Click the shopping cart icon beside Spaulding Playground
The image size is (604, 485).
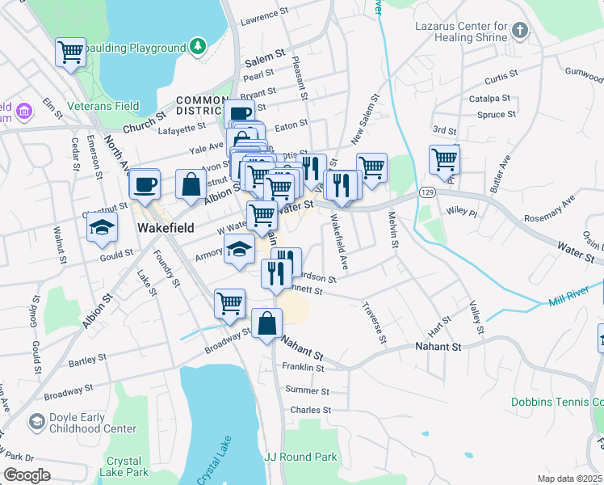tap(70, 53)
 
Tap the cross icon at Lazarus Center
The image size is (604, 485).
tap(520, 32)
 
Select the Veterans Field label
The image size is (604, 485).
tap(103, 106)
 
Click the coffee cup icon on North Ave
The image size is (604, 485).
tap(145, 183)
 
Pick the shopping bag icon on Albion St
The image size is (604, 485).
tap(191, 184)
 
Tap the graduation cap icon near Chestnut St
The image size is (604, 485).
tap(103, 228)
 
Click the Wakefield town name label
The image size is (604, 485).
tap(165, 228)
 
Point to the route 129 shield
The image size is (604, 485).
tap(427, 192)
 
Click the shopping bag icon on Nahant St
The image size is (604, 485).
tap(266, 323)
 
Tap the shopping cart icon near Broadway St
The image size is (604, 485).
tap(229, 304)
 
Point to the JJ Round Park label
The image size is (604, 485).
tap(300, 457)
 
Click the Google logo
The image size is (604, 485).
tap(27, 474)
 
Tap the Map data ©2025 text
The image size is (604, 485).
tap(569, 479)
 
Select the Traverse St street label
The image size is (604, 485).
tap(375, 321)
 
